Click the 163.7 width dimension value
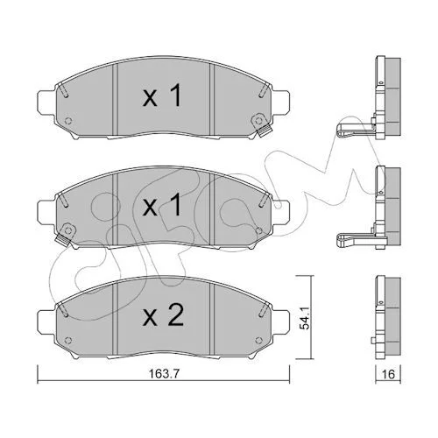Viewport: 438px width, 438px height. (164, 373)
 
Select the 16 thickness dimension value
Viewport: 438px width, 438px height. (388, 374)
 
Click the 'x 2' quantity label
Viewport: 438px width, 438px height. (163, 314)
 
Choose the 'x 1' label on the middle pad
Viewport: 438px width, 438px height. (162, 205)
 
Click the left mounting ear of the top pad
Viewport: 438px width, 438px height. (46, 103)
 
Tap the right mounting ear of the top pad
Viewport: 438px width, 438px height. (281, 103)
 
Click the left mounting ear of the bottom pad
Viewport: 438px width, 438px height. (46, 322)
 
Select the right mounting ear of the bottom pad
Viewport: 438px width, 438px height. (281, 322)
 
